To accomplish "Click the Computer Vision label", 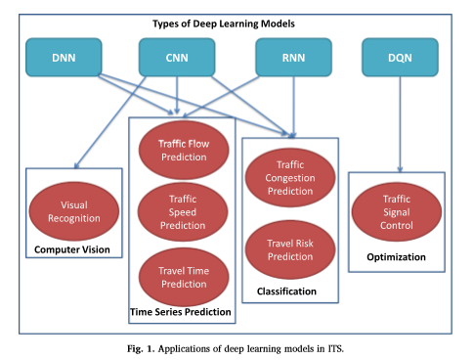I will coord(75,250).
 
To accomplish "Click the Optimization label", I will coord(397,257).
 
